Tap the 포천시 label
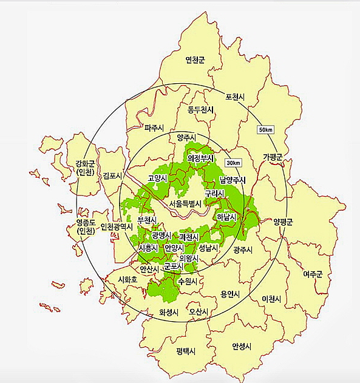click(x=234, y=97)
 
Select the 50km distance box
click(x=266, y=130)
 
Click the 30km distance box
click(x=233, y=163)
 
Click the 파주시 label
click(x=155, y=128)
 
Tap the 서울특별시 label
click(x=185, y=203)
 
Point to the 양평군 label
click(x=283, y=222)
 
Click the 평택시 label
click(x=187, y=351)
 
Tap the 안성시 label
click(x=242, y=346)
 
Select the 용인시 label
click(x=230, y=294)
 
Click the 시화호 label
click(x=128, y=280)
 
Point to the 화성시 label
click(x=169, y=312)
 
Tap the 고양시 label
click(x=158, y=179)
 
